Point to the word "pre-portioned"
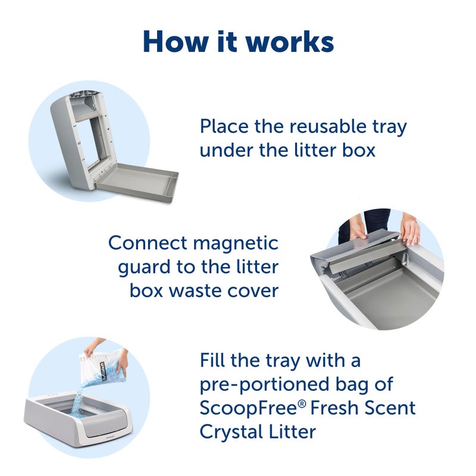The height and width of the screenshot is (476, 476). (259, 384)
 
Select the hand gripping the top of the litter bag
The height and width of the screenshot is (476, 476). (93, 348)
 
